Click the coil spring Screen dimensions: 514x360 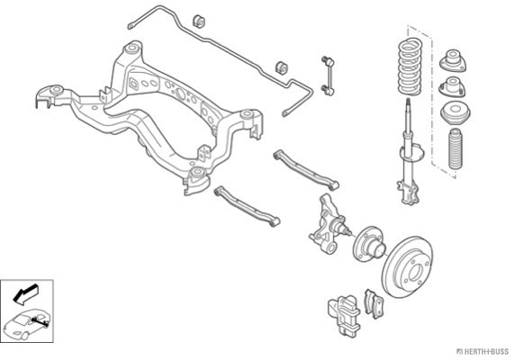(409, 67)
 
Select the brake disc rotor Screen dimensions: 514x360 (407, 267)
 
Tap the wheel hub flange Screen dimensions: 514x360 (368, 244)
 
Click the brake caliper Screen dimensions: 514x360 (344, 314)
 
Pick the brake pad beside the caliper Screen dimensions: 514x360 (374, 303)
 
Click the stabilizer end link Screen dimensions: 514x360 (328, 76)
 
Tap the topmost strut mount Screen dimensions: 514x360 (453, 60)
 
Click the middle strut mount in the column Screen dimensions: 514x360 (452, 87)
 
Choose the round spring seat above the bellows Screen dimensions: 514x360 (455, 113)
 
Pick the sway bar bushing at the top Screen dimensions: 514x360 (198, 22)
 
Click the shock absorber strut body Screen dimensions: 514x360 (409, 154)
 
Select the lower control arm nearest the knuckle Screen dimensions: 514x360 (305, 170)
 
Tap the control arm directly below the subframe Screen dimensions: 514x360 (247, 206)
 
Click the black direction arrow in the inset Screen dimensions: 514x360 (25, 292)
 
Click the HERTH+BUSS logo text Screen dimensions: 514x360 (483, 352)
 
